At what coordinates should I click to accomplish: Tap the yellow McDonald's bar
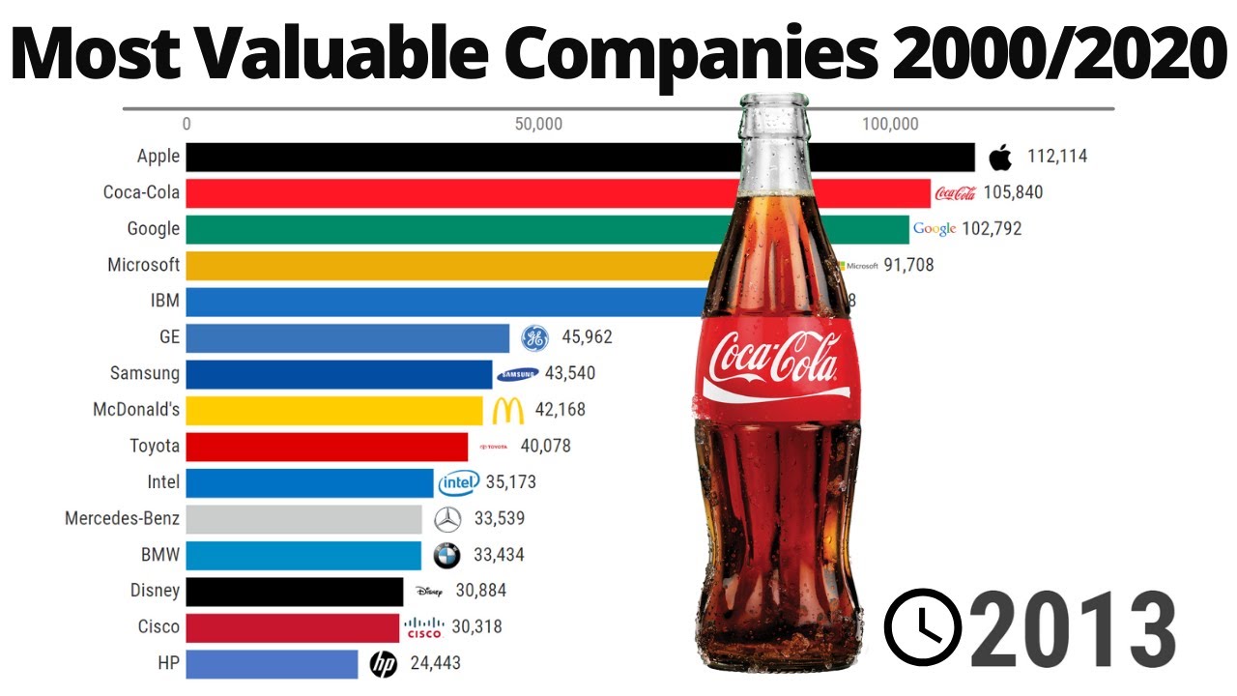tap(333, 410)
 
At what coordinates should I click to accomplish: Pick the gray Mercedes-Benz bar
tap(303, 519)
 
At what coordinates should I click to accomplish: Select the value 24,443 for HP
tap(434, 663)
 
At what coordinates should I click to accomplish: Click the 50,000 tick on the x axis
tap(538, 124)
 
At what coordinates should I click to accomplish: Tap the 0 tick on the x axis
tap(187, 124)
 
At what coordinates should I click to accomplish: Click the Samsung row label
tap(145, 373)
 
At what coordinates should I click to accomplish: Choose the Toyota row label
tap(155, 446)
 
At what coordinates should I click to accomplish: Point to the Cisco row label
tap(158, 626)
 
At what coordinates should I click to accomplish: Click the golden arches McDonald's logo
tap(507, 410)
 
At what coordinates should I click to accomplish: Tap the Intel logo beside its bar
tap(459, 482)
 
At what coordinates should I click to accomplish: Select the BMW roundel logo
tap(446, 555)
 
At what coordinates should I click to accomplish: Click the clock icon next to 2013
tap(924, 627)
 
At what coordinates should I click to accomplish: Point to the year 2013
tap(1074, 629)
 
